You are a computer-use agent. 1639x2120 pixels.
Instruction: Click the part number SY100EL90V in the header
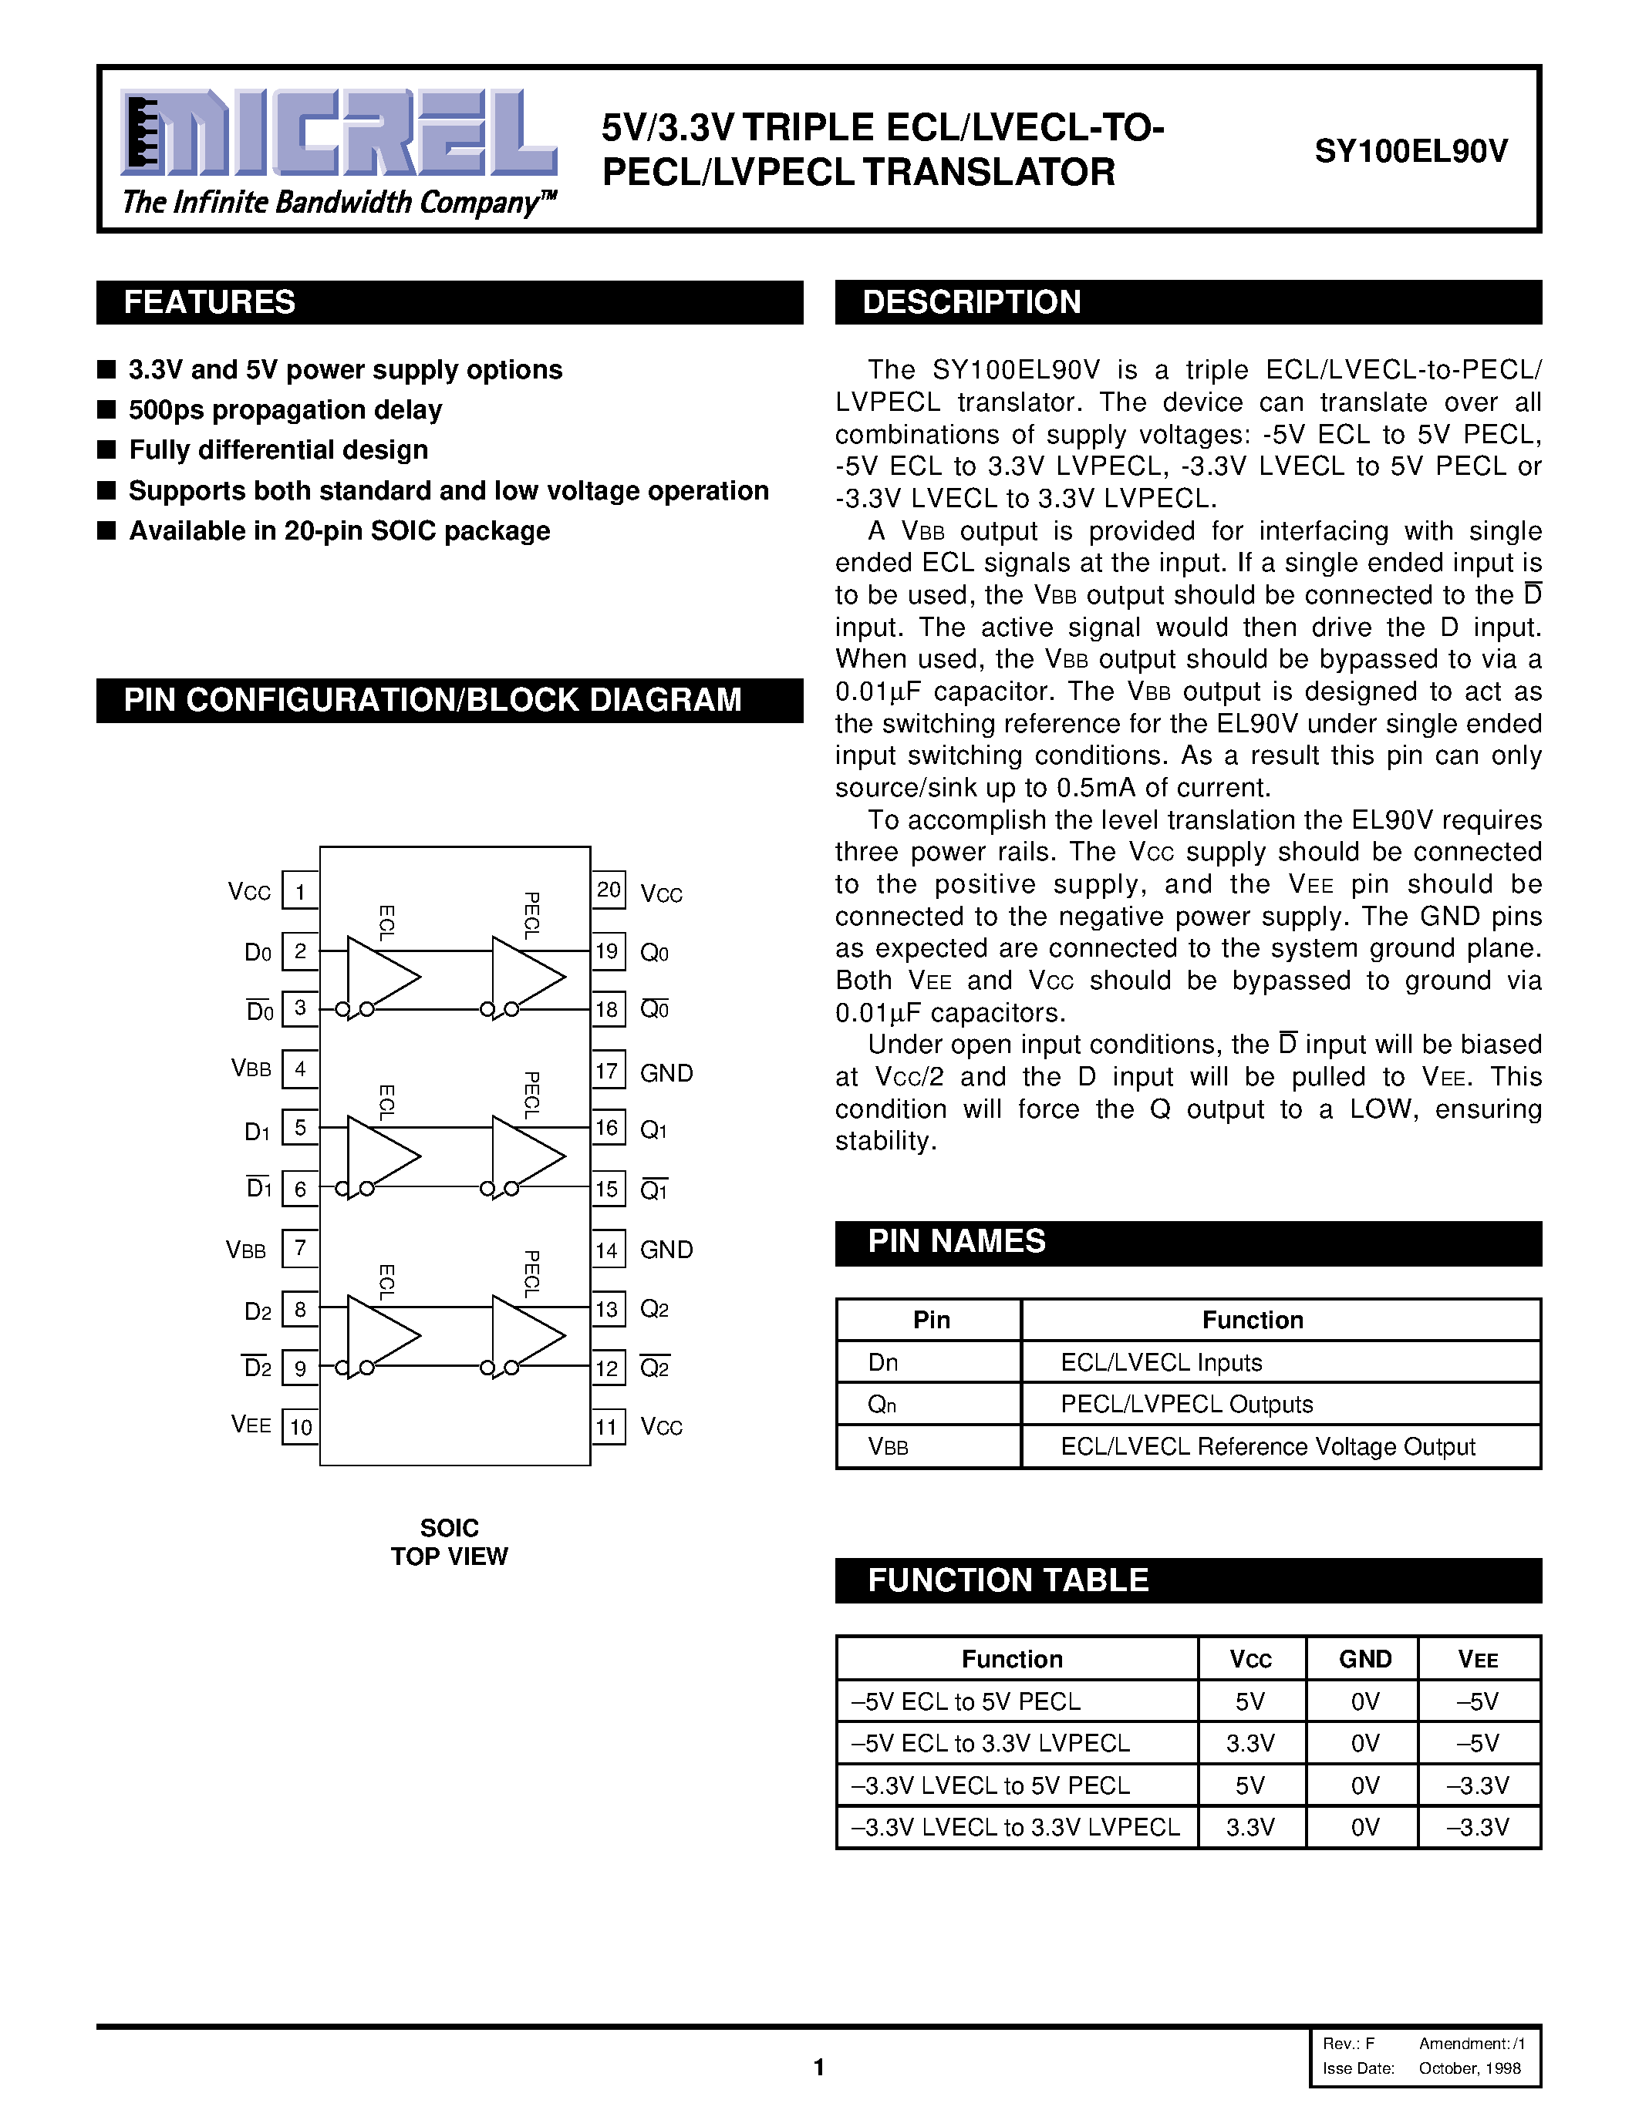tap(1411, 151)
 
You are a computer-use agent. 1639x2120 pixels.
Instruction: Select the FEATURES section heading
tap(209, 302)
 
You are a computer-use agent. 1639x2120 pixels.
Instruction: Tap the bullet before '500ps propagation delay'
tap(106, 409)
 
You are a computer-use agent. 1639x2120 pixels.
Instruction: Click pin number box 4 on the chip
tap(300, 1068)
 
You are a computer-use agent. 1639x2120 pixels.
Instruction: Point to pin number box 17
tap(607, 1071)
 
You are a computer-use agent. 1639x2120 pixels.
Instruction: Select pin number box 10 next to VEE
tap(300, 1427)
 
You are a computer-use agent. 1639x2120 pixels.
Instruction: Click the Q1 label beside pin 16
tap(653, 1130)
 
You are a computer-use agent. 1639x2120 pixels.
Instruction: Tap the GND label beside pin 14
tap(666, 1250)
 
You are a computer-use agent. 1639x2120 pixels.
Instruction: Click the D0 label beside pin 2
tap(258, 953)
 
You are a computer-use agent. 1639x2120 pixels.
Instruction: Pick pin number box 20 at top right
tap(608, 890)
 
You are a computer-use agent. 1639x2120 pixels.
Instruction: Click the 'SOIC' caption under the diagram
tap(449, 1528)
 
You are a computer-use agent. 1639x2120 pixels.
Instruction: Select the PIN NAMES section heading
tap(956, 1241)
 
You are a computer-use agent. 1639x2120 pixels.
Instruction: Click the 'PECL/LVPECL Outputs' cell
tap(1186, 1405)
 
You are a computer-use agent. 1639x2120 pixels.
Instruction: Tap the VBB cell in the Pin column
tap(889, 1447)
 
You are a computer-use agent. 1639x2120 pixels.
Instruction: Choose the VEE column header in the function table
tap(1478, 1660)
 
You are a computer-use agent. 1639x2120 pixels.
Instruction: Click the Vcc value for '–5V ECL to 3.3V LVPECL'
tap(1249, 1743)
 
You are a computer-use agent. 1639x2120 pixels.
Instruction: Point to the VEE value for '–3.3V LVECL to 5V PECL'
tap(1478, 1786)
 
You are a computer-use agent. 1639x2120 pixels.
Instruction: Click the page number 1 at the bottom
tap(818, 2067)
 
